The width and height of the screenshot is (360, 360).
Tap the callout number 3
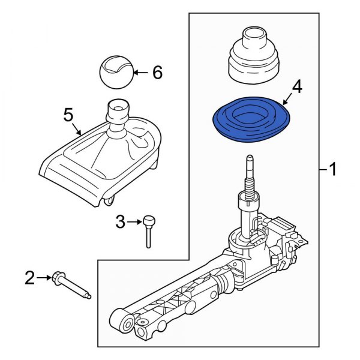click(x=120, y=223)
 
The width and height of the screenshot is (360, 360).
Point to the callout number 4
click(x=296, y=89)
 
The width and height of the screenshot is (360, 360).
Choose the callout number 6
click(x=157, y=73)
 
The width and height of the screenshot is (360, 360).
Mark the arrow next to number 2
click(x=44, y=277)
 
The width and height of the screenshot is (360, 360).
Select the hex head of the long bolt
click(x=59, y=278)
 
